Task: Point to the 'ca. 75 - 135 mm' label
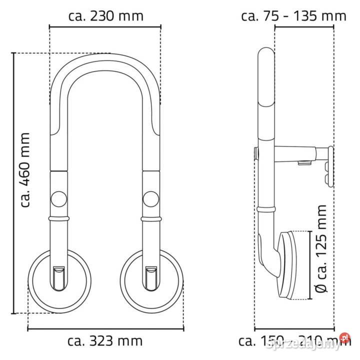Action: coord(293,15)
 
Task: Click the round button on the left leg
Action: coord(59,198)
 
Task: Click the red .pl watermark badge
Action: coord(343,338)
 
